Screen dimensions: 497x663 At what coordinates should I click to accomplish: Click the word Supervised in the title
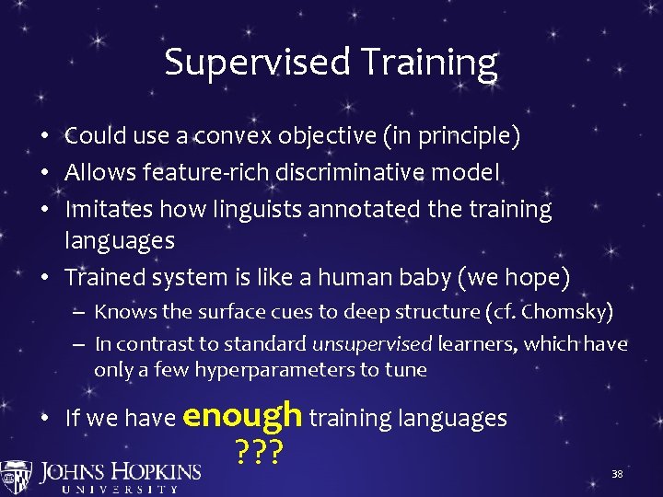click(256, 63)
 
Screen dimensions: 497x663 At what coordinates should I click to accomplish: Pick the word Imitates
click(109, 209)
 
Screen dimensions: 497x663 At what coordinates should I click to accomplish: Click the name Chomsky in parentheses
click(572, 312)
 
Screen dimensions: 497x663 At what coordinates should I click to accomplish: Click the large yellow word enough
click(243, 415)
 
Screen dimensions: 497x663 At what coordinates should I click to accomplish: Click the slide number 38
click(618, 474)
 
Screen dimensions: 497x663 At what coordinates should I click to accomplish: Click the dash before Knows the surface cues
click(80, 313)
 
